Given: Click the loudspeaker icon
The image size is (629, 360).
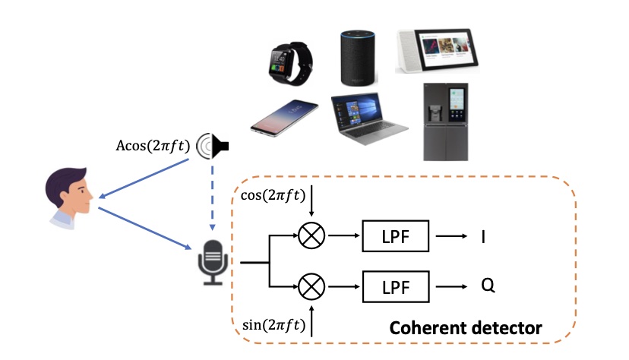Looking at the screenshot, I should pos(213,144).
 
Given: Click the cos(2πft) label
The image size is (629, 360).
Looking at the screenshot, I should pos(273,194).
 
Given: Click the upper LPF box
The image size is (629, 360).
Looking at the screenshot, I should pos(395,237).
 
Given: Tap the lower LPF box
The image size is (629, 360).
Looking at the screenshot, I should pos(395,286).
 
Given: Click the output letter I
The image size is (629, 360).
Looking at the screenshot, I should pos(483,237).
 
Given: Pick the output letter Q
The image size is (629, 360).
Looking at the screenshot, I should pos(488,286).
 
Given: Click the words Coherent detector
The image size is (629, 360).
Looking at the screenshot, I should pos(466,328).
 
